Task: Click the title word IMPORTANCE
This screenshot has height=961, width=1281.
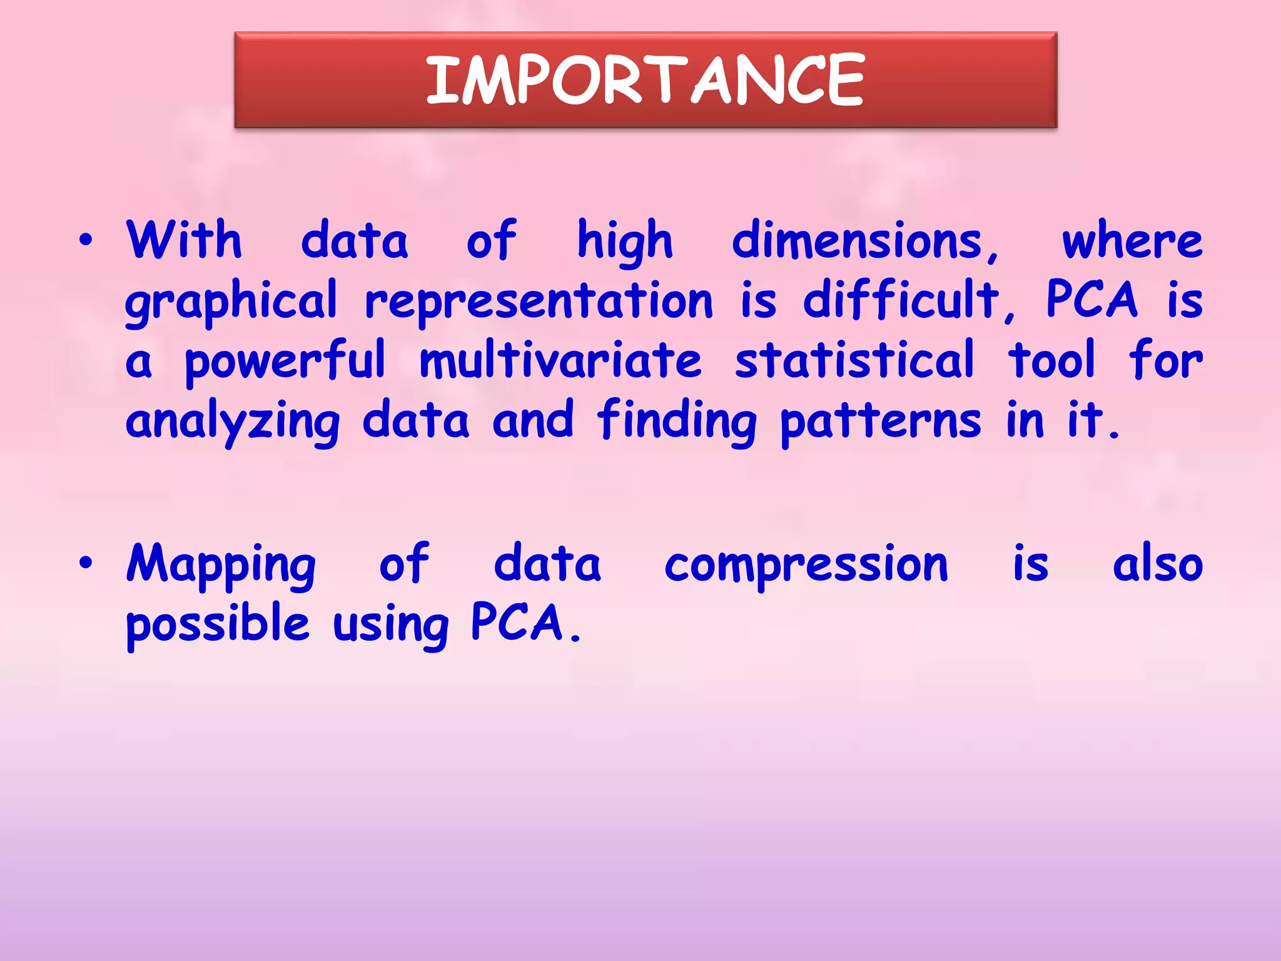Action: pyautogui.click(x=645, y=80)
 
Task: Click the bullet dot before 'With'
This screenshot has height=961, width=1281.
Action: pyautogui.click(x=86, y=240)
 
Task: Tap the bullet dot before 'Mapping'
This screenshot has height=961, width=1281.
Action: pyautogui.click(x=86, y=562)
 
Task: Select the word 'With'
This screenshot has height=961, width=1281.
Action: pyautogui.click(x=184, y=240)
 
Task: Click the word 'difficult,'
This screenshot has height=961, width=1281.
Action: pyautogui.click(x=910, y=300)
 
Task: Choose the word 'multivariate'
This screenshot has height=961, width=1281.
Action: pyautogui.click(x=560, y=360)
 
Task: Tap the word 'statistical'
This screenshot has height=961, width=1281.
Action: pyautogui.click(x=854, y=360)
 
